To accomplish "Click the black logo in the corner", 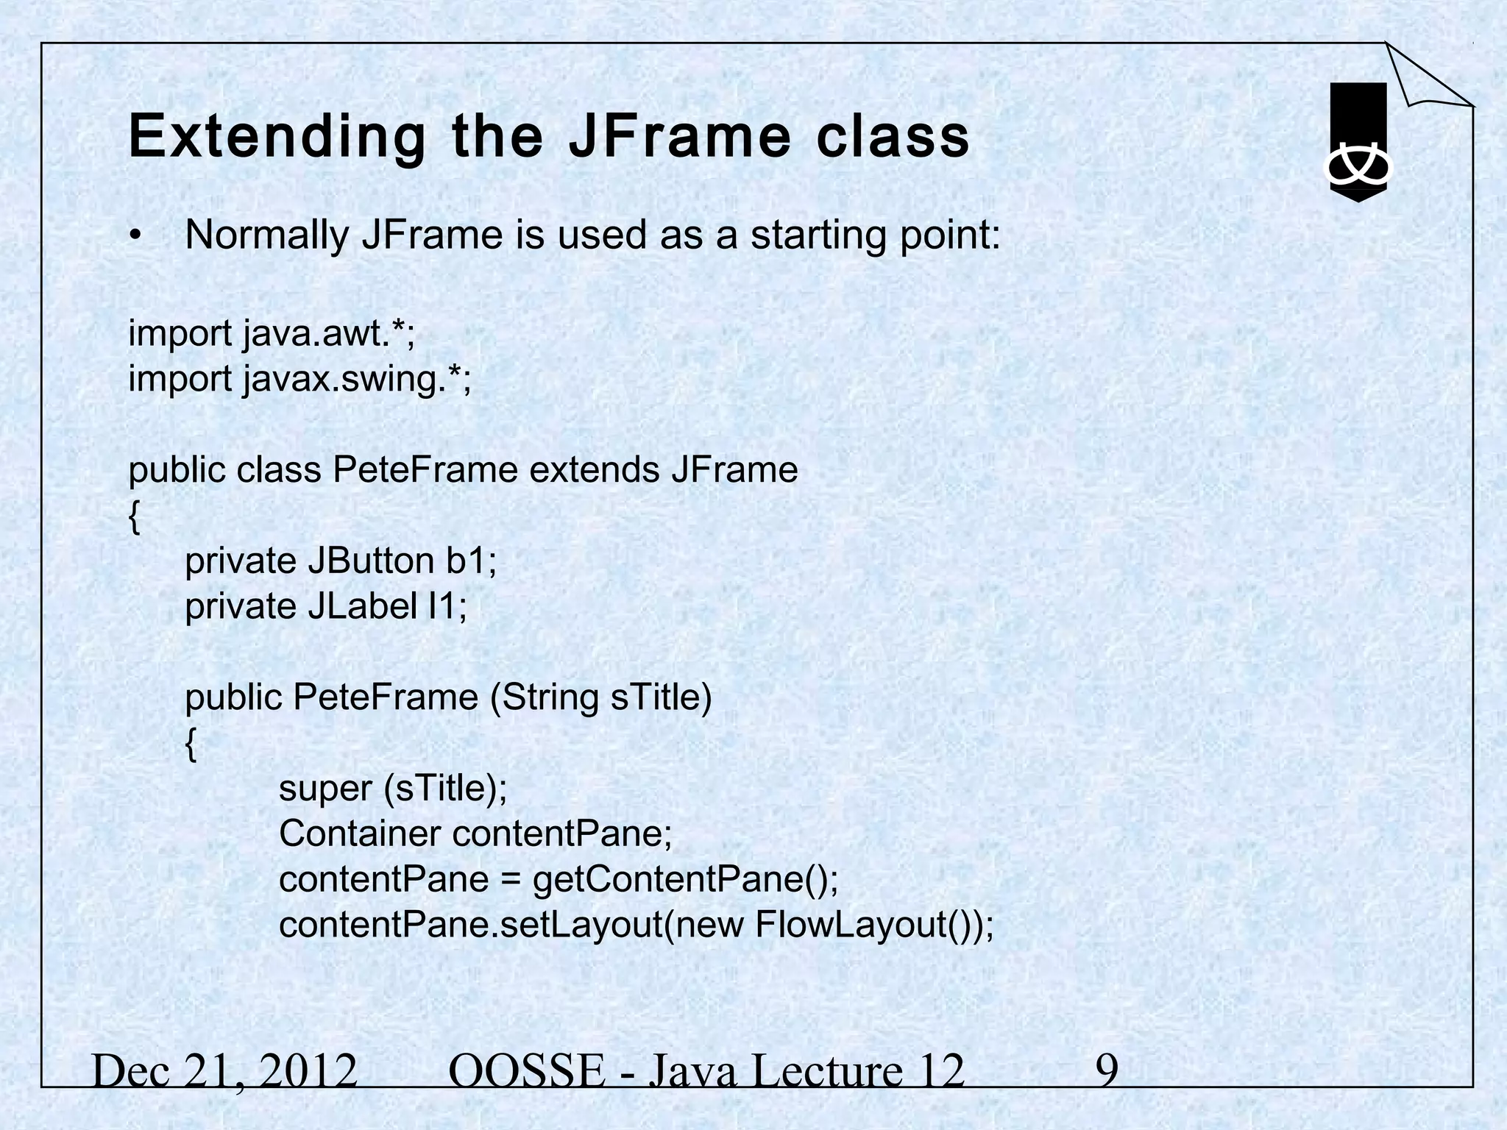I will tap(1358, 142).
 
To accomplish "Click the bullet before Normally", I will tap(134, 236).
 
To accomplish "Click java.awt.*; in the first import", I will tap(329, 334).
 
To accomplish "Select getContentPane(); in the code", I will tap(685, 880).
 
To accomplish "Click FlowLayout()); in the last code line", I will tap(874, 925).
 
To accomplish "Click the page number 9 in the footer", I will tap(1107, 1071).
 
